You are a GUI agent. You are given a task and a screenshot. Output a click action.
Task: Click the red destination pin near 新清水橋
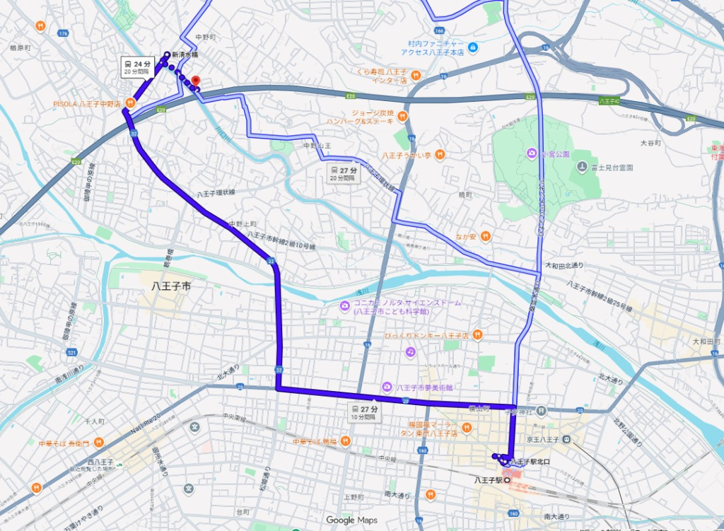pos(197,81)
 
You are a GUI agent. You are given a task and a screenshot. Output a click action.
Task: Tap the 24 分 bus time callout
pos(138,67)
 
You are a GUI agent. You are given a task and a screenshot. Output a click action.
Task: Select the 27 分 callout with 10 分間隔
pos(365,413)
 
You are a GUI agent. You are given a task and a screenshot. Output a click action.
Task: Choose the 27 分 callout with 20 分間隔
pos(344,173)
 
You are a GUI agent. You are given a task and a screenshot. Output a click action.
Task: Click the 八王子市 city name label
pos(172,288)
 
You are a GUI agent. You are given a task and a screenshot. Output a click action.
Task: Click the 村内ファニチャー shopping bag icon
pos(473,47)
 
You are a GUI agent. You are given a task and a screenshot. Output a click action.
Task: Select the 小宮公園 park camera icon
pos(530,153)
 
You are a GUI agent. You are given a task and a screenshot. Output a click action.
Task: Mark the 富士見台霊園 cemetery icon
pos(581,167)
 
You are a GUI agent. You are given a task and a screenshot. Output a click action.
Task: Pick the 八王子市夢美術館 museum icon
pos(387,387)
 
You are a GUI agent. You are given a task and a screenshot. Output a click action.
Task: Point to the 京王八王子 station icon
pos(566,440)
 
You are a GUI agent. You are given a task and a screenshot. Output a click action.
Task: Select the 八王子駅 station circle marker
pos(507,480)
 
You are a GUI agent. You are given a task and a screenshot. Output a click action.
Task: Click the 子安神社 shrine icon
pos(541,410)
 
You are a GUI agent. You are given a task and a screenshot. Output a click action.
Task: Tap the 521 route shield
pos(71,351)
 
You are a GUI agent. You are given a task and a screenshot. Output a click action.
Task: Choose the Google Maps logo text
pos(351,520)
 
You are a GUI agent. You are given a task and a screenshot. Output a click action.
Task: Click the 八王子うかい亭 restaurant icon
pos(439,153)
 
